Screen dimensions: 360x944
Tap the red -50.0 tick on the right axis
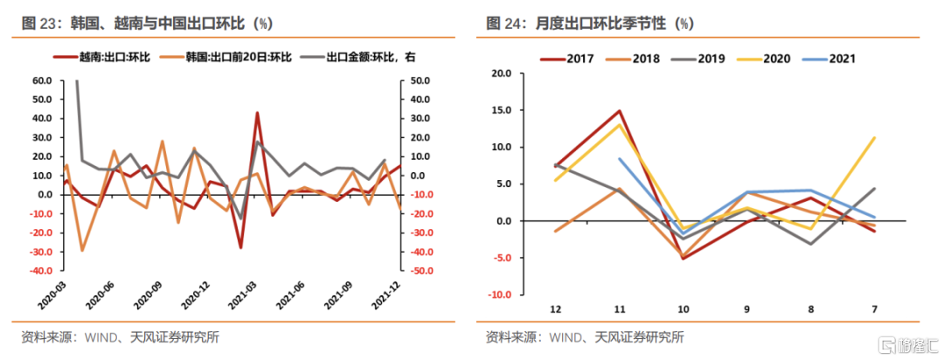pos(420,271)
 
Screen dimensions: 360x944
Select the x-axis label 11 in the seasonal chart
pos(618,308)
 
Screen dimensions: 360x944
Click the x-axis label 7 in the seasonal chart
pos(875,308)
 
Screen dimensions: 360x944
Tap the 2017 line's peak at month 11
pos(619,111)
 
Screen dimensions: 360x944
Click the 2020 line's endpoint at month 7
pos(875,137)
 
